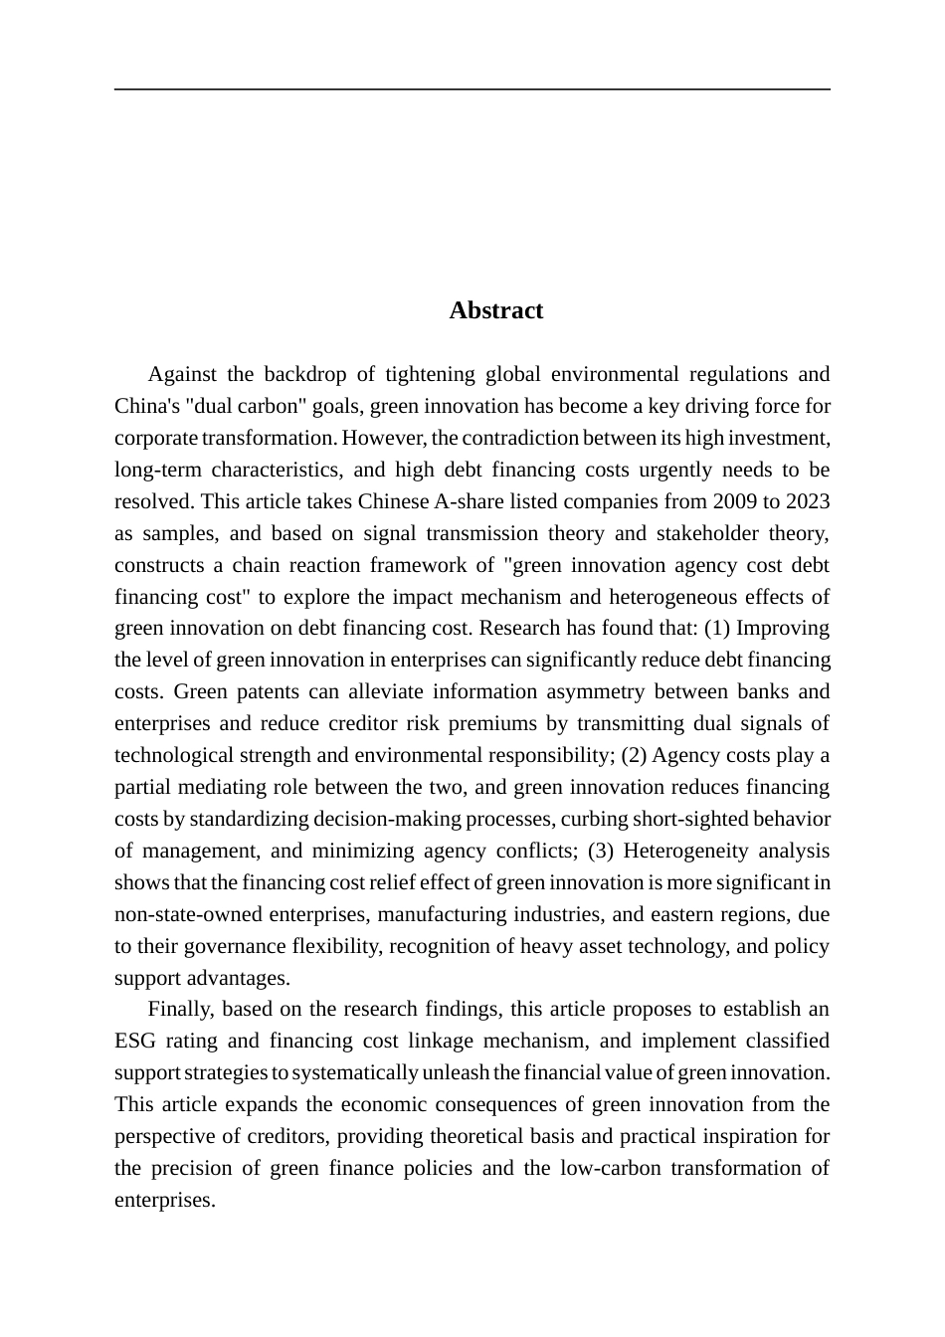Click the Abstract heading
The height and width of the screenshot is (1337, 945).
pos(495,310)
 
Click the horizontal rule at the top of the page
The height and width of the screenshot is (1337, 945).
pos(472,90)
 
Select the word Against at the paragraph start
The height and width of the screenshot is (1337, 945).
pos(181,374)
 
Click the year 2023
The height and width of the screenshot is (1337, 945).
pos(806,501)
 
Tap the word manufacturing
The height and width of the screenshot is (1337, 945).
pos(436,914)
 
